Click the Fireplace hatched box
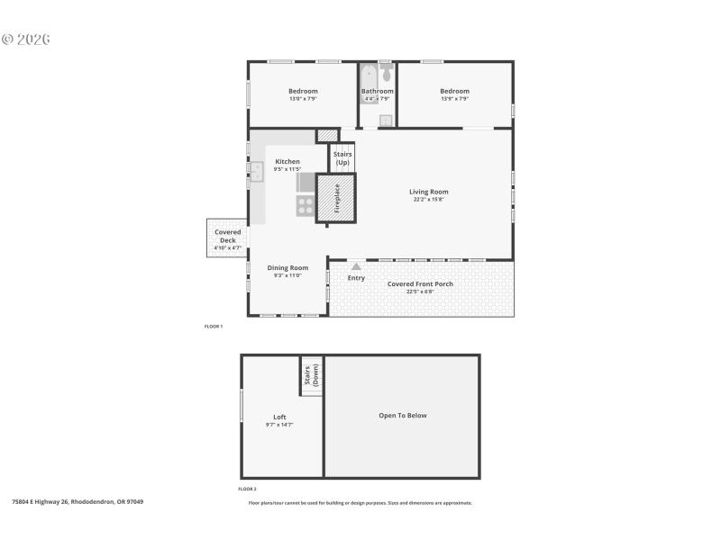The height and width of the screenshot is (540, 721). [x=336, y=198]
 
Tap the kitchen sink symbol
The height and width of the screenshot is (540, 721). [x=256, y=172]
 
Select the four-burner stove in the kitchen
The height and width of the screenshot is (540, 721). [x=306, y=206]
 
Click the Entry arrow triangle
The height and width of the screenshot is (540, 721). [x=357, y=266]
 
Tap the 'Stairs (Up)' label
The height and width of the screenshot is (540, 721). [x=342, y=158]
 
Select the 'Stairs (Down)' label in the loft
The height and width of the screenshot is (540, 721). [x=312, y=375]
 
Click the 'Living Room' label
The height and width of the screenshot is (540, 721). [x=428, y=192]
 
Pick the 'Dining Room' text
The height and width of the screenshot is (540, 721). [x=287, y=267]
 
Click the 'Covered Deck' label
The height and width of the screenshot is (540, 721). [x=227, y=236]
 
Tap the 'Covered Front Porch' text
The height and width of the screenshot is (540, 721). [x=420, y=283]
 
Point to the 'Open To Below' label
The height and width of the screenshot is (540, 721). [x=402, y=416]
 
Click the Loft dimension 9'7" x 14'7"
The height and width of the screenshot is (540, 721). [x=279, y=424]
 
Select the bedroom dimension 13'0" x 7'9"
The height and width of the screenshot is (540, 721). [x=303, y=99]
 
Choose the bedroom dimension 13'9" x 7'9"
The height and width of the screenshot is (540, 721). [x=454, y=99]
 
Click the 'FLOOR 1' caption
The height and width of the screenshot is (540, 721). [x=214, y=327]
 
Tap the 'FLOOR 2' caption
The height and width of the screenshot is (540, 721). [x=248, y=489]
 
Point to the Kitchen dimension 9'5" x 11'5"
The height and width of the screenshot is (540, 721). [x=287, y=169]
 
